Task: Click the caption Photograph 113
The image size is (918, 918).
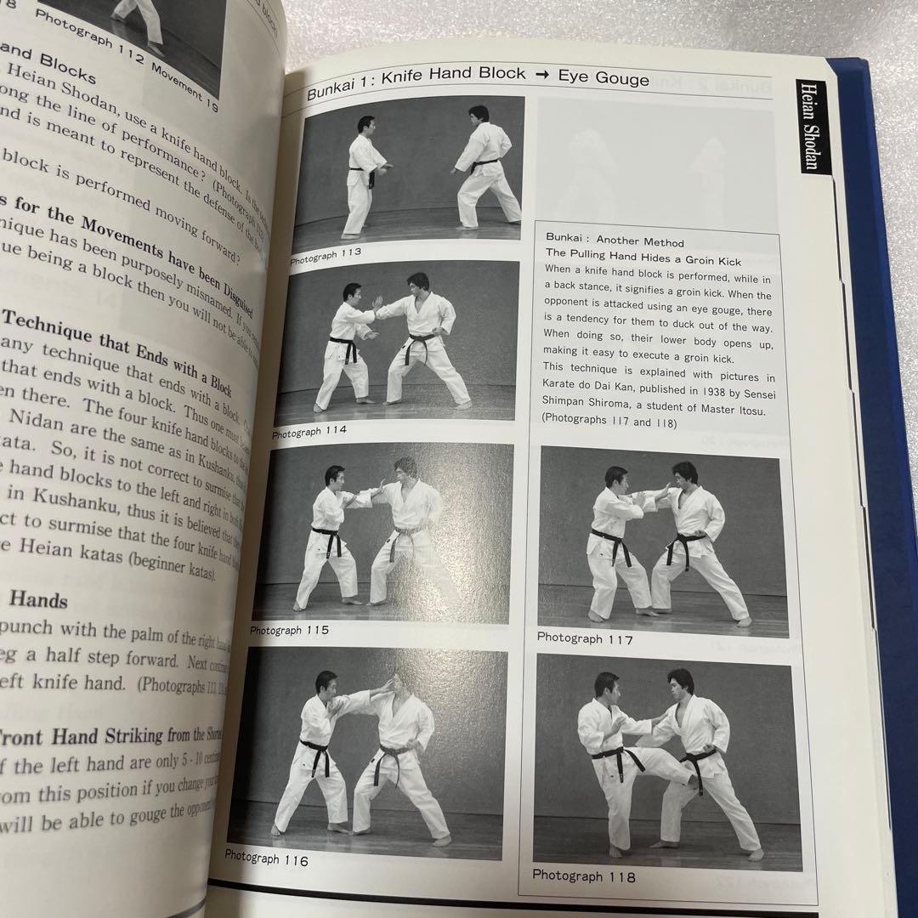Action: (326, 252)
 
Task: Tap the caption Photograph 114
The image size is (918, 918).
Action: (309, 432)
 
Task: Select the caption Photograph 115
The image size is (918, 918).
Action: (289, 630)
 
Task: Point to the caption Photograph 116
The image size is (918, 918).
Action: (266, 859)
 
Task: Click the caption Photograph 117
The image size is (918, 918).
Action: (585, 638)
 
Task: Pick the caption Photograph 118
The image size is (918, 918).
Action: (583, 875)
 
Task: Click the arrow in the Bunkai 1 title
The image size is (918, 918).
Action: (541, 76)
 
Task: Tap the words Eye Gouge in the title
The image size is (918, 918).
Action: (603, 78)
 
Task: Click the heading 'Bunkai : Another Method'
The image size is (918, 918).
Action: (615, 242)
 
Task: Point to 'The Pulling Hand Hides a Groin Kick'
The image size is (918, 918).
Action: (643, 261)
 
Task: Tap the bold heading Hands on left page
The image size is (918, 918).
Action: (38, 600)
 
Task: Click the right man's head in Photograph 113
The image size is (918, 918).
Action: (479, 114)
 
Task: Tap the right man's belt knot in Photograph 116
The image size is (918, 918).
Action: (394, 753)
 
